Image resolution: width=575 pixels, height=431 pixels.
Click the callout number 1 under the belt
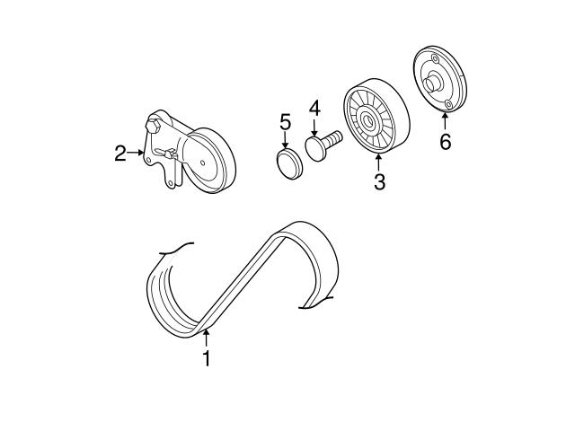[x=207, y=358]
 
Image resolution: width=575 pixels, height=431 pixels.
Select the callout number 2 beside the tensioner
[x=120, y=154]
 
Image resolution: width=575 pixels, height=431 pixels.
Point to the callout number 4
[x=314, y=110]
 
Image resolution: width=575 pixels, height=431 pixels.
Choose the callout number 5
[x=285, y=121]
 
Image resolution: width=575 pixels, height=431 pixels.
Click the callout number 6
[x=446, y=142]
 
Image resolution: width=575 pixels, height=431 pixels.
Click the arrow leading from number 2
[x=137, y=154]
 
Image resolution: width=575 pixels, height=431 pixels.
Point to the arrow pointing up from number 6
[x=446, y=122]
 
